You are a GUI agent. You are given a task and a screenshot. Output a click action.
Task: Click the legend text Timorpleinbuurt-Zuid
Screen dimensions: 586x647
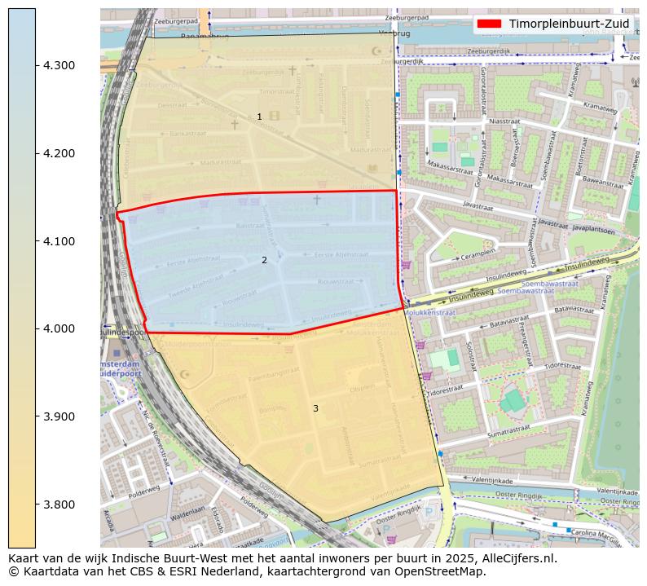(x=569, y=24)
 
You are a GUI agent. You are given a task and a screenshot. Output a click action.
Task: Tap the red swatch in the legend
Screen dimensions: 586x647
(x=491, y=24)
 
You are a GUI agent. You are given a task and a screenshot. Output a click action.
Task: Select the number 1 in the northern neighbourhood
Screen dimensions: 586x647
(x=260, y=117)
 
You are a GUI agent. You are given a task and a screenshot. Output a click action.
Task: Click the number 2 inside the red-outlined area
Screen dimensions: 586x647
(x=264, y=261)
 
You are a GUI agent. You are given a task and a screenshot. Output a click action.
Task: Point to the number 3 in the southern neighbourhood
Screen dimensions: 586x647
(x=315, y=408)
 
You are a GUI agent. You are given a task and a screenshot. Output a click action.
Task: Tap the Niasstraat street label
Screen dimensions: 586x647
(x=504, y=121)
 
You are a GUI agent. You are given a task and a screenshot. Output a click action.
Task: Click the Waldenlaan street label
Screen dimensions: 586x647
(x=187, y=516)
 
